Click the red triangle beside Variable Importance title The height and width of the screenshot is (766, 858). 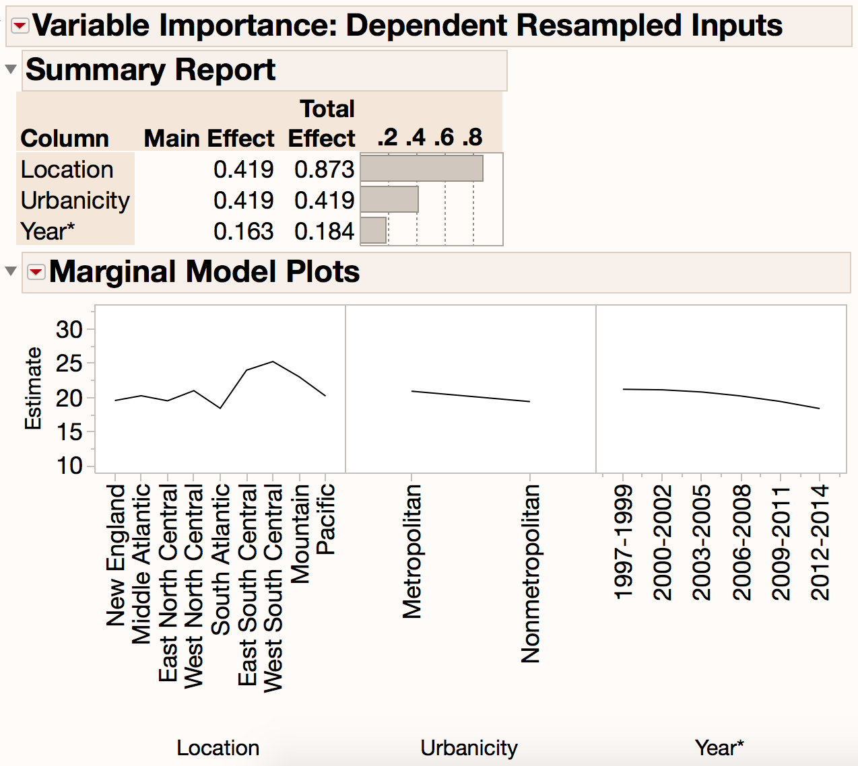pos(20,26)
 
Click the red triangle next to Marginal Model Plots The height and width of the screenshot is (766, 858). pos(36,272)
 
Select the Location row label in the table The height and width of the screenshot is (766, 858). pos(67,170)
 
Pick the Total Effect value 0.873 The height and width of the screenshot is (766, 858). pos(324,170)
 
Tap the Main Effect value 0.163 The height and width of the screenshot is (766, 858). pos(243,232)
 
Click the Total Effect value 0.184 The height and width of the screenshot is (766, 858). pos(324,232)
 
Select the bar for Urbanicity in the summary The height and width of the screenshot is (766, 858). pos(389,199)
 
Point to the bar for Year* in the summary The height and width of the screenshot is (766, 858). pos(374,230)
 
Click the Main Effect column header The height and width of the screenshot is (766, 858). pos(209,139)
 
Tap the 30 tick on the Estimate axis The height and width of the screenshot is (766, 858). pos(69,330)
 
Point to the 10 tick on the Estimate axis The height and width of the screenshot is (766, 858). pos(69,466)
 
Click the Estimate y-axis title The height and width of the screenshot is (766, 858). pos(33,388)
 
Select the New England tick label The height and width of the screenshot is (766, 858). pos(116,555)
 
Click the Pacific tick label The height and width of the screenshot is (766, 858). pos(325,519)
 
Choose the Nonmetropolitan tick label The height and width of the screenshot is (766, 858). pos(531,573)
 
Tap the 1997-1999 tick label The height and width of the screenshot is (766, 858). pos(624,543)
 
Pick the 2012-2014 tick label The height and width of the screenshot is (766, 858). pos(820,543)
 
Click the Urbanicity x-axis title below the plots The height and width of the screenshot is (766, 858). pos(469,748)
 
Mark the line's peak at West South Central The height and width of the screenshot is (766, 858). pos(273,361)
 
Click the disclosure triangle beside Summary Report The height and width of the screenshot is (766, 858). pos(11,69)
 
